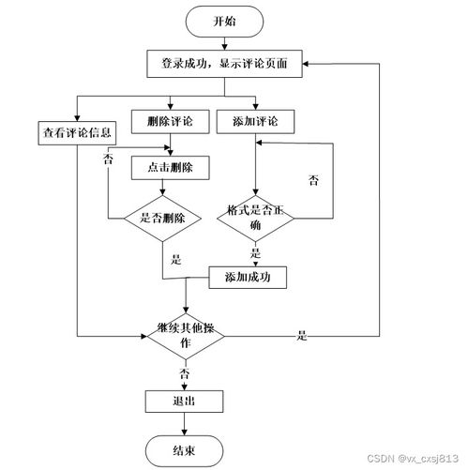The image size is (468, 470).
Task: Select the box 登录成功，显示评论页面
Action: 224,64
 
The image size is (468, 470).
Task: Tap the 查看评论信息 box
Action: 76,130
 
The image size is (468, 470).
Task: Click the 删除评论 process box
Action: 170,122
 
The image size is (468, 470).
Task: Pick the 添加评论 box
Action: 254,122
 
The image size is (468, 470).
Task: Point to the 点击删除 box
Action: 170,167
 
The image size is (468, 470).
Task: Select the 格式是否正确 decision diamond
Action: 255,218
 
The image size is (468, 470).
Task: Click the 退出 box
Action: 185,401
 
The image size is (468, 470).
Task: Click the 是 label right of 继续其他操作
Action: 302,335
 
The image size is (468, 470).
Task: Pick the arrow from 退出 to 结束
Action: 185,423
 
